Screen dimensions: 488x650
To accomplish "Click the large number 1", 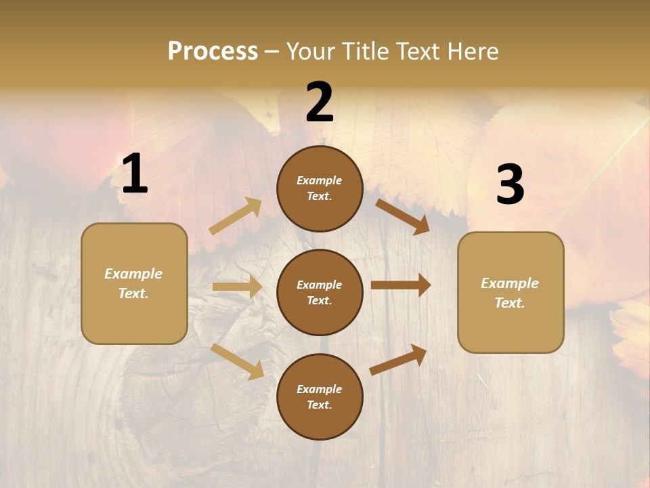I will [x=135, y=174].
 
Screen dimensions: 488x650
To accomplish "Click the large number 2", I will [x=320, y=102].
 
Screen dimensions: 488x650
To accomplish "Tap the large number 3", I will [x=510, y=185].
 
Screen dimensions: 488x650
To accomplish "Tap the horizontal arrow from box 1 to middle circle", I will [x=237, y=287].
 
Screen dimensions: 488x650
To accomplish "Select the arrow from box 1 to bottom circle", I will [x=237, y=361].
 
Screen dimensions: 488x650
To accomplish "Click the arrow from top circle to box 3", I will [x=402, y=216].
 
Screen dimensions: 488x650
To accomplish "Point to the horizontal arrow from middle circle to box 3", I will [x=401, y=285].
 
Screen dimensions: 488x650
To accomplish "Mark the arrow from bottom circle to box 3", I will [x=399, y=359].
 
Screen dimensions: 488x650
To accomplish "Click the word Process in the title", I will [x=213, y=51].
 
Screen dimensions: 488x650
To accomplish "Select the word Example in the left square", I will [x=133, y=274].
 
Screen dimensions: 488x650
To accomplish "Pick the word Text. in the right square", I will [x=510, y=303].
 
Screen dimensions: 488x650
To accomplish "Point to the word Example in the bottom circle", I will [x=320, y=389].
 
